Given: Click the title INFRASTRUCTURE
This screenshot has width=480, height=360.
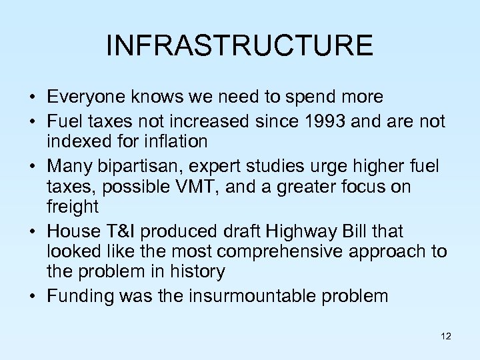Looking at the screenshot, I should tap(239, 45).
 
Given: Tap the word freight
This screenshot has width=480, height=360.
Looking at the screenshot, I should tap(73, 207).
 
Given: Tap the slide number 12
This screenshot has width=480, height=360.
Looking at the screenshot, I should tap(446, 337).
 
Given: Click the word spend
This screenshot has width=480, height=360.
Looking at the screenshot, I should tap(303, 98).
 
